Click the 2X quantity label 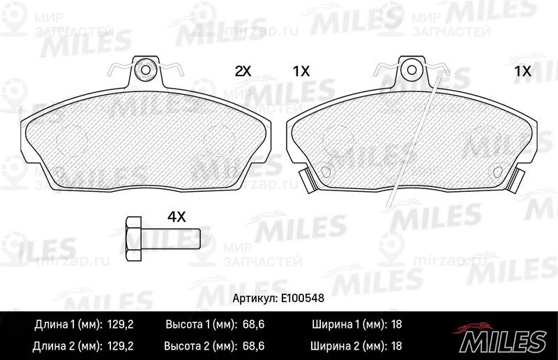click(243, 72)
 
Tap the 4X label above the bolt click(176, 216)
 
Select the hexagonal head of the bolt click(134, 239)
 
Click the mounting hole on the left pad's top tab click(146, 70)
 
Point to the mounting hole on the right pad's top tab click(412, 70)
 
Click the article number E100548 click(303, 298)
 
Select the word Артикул click(255, 298)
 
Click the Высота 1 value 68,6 click(253, 324)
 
